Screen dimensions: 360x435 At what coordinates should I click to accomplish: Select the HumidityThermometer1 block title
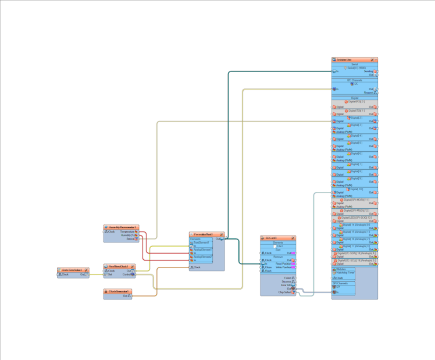(122, 227)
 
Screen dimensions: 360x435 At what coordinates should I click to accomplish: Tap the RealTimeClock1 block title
(119, 266)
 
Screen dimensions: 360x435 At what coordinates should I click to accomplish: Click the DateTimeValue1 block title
(72, 270)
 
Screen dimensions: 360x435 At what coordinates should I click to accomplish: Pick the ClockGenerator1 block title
(118, 291)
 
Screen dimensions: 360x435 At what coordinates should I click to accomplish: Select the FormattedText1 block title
(204, 234)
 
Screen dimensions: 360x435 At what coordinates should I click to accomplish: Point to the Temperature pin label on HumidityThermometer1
(127, 231)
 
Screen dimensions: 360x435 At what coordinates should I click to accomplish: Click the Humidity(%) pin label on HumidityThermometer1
(127, 235)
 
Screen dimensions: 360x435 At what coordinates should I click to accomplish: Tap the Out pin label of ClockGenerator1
(125, 296)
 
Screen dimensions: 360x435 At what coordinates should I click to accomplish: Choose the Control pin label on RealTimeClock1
(126, 275)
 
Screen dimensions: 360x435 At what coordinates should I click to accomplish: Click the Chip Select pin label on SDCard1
(284, 293)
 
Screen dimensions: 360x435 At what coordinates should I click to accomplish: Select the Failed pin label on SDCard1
(287, 278)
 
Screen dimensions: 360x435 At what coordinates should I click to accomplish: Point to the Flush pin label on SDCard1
(268, 271)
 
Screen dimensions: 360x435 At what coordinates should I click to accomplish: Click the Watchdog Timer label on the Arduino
(345, 273)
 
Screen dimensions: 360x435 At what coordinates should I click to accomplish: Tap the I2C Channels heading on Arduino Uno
(354, 80)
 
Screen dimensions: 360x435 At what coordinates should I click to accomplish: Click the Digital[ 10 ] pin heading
(355, 189)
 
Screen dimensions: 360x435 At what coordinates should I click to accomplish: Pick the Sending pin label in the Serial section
(368, 72)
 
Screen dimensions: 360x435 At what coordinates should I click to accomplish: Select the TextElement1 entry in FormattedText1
(201, 243)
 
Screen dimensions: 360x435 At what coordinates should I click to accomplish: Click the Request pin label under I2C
(368, 92)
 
